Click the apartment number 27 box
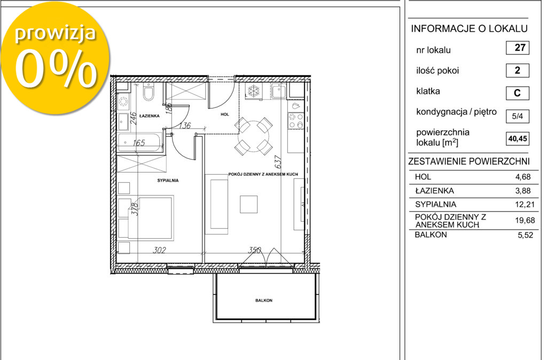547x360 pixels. coord(517,48)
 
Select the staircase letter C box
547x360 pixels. coord(517,93)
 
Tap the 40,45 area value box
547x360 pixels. coord(517,138)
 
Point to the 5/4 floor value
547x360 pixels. coord(517,116)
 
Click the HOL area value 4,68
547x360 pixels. coord(523,177)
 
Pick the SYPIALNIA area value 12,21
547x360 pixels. coord(525,205)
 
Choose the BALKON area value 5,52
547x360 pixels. coord(526,235)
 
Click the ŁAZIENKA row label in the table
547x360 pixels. coord(434,191)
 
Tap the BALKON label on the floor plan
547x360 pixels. coord(264,300)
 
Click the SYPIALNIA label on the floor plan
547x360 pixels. coord(168,181)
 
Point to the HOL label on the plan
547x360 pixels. coord(225,114)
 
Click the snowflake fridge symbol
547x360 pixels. coord(254,91)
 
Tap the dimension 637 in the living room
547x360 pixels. coord(278,162)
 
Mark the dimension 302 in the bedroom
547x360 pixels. coord(159,250)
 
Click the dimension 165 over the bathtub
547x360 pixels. coord(139,143)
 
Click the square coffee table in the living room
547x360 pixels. coord(249,204)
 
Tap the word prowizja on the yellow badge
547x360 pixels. coord(55,34)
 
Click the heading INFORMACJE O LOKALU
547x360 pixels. coord(469,29)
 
